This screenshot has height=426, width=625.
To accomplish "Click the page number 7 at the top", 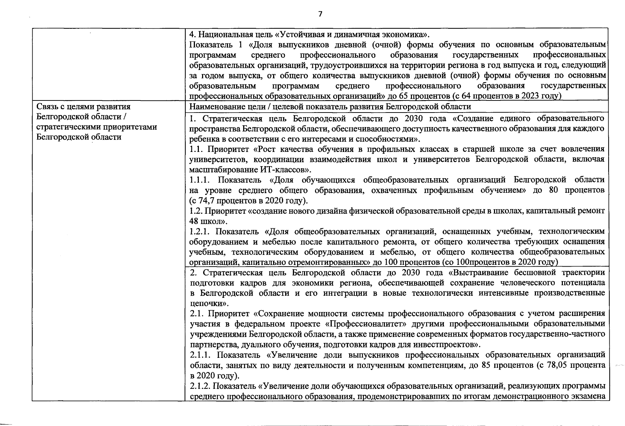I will pos(320,14).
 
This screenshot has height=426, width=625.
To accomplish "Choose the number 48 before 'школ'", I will pos(194,221).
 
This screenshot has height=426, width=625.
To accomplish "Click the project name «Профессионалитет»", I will pos(358,324).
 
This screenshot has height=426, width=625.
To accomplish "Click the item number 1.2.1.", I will pos(199,232).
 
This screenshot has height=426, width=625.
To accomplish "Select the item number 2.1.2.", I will pos(200,386).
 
